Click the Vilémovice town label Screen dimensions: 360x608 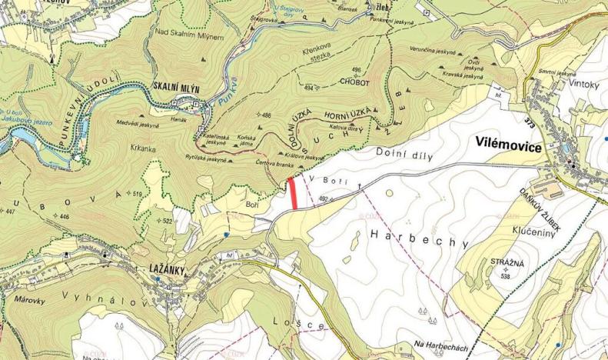pyautogui.click(x=509, y=145)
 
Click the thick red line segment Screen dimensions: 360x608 pyautogui.click(x=294, y=193)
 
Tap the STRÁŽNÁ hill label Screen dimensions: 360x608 pyautogui.click(x=507, y=263)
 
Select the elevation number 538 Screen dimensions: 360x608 pyautogui.click(x=506, y=275)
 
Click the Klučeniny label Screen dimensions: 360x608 pyautogui.click(x=529, y=229)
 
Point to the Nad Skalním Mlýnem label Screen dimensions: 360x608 pyautogui.click(x=189, y=36)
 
